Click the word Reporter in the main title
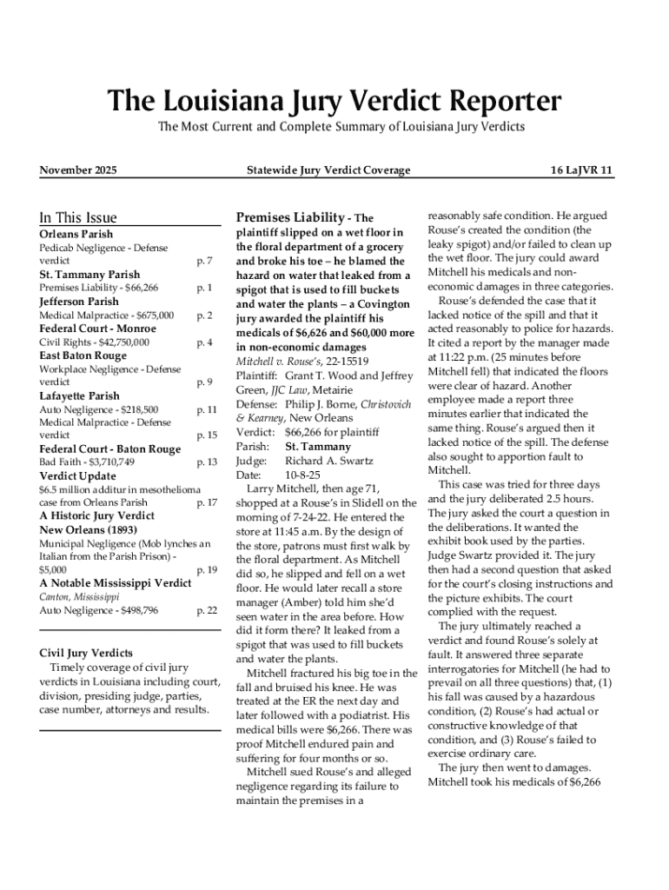(x=491, y=102)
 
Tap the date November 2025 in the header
(x=78, y=170)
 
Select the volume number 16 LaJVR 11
(x=582, y=170)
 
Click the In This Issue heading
(x=78, y=217)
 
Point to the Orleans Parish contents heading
(x=76, y=234)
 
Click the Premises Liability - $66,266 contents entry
(x=99, y=288)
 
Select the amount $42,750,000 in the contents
(x=117, y=342)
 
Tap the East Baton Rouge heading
(x=83, y=355)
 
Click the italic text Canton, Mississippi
(x=79, y=597)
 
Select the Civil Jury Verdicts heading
(x=87, y=653)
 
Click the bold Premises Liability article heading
(x=290, y=217)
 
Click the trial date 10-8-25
(x=302, y=475)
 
